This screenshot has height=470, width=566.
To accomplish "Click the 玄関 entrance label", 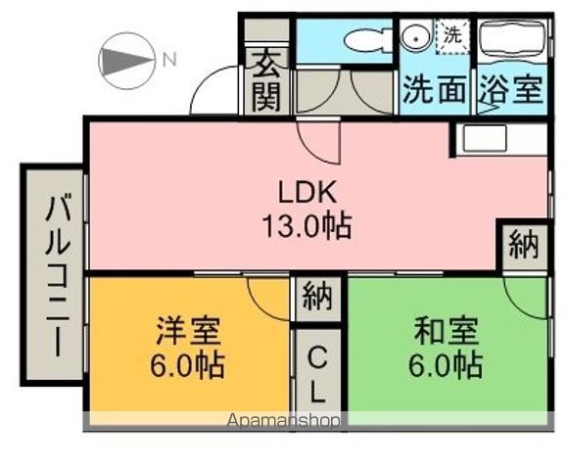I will tap(265, 80).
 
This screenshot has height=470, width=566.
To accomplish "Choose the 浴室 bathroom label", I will tap(510, 90).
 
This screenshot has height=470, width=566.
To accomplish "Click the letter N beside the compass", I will tap(169, 59).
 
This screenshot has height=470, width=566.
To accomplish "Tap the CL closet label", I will tap(317, 375).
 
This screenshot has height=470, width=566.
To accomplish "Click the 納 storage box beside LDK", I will tap(523, 245).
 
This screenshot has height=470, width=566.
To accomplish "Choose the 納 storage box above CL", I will tap(316, 296).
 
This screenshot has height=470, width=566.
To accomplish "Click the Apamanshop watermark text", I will tap(284, 422).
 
